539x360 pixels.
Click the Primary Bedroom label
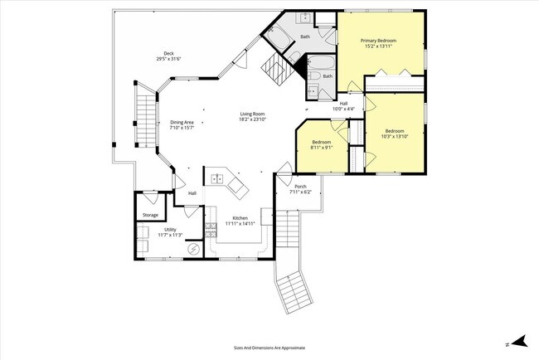tap(377, 40)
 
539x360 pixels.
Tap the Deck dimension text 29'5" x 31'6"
tap(168, 60)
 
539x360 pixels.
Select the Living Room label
tap(252, 114)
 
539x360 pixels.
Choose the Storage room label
tap(149, 215)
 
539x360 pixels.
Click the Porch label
tap(300, 187)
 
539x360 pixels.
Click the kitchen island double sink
tap(217, 178)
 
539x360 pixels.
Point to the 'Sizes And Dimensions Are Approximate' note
tap(269, 348)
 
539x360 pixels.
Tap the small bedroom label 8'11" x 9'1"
tap(320, 147)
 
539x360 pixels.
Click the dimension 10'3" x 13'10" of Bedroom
tap(394, 136)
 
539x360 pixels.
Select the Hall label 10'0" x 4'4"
tap(343, 109)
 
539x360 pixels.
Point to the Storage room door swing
tap(149, 199)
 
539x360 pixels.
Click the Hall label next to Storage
tap(192, 193)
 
